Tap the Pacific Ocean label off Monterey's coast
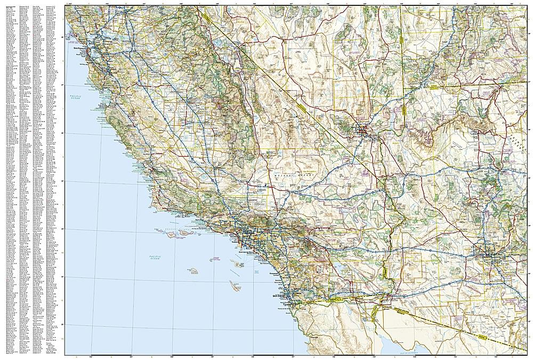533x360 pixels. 79,97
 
